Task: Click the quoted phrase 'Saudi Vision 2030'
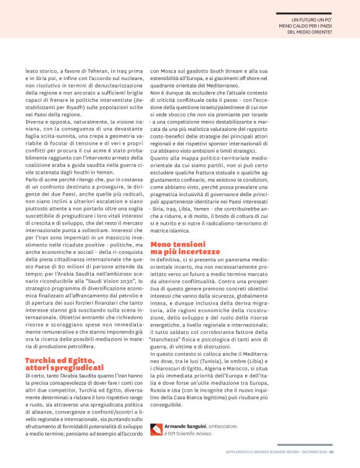(117, 245)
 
